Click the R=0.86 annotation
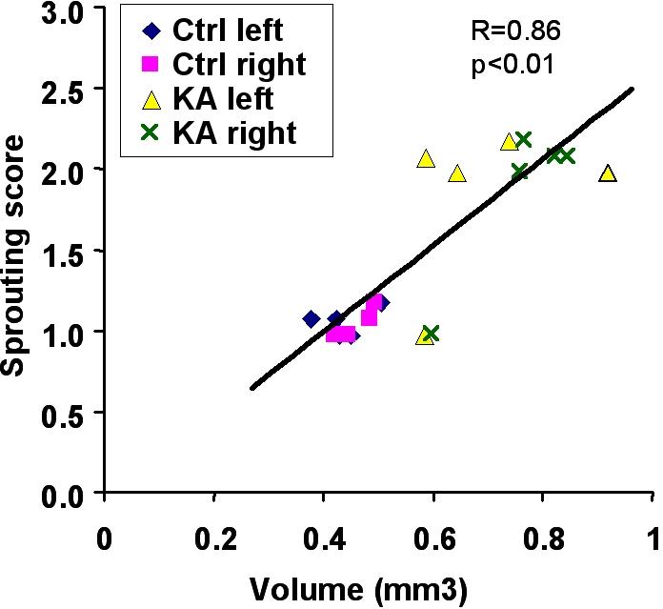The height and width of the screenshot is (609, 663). coord(511,30)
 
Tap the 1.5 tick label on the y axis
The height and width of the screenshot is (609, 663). coord(62,252)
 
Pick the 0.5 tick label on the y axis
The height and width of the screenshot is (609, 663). coord(62,414)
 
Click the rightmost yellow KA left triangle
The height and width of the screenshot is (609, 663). coord(608,173)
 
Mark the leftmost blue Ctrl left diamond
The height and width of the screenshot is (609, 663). coord(311,319)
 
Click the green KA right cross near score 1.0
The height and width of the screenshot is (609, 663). coord(431,334)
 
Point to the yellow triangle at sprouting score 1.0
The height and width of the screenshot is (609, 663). coord(424,335)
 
